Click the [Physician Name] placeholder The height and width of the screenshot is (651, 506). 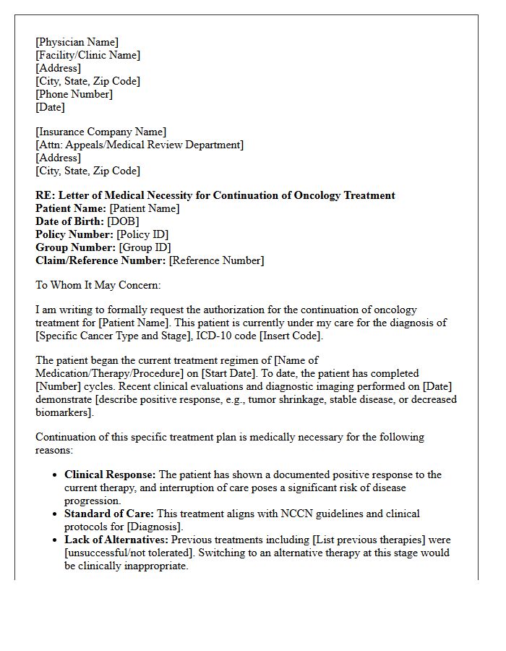pyautogui.click(x=77, y=42)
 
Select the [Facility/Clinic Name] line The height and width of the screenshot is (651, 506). pyautogui.click(x=87, y=55)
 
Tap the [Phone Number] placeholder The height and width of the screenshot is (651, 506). pyautogui.click(x=74, y=94)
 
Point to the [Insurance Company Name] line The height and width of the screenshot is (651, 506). pyautogui.click(x=100, y=132)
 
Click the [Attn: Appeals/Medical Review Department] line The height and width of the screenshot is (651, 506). pyautogui.click(x=140, y=145)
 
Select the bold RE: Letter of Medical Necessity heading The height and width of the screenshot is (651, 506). pyautogui.click(x=215, y=195)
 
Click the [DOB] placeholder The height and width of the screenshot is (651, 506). pyautogui.click(x=123, y=221)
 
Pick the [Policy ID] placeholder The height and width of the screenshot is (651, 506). pyautogui.click(x=142, y=234)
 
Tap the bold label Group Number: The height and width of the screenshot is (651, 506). pyautogui.click(x=75, y=247)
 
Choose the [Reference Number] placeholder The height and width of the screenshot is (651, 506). pyautogui.click(x=216, y=260)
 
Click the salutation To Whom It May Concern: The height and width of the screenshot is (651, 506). pyautogui.click(x=98, y=285)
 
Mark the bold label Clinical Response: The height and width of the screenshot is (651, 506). pyautogui.click(x=110, y=475)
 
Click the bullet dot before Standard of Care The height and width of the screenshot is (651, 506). pyautogui.click(x=56, y=514)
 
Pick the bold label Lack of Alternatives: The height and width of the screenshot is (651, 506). pyautogui.click(x=116, y=540)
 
